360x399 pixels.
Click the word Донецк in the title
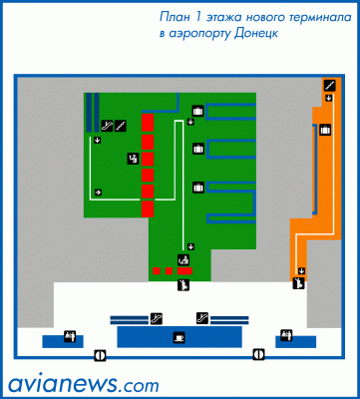(x=256, y=34)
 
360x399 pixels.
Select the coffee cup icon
(x=180, y=337)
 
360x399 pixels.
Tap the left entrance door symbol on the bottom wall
(x=100, y=355)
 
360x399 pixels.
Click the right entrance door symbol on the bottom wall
(x=259, y=354)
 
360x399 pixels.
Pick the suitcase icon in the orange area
(x=325, y=130)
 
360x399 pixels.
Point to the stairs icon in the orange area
(x=329, y=86)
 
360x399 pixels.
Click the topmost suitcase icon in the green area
(x=198, y=111)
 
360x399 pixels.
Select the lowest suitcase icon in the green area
(x=198, y=188)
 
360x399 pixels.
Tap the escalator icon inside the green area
(x=107, y=126)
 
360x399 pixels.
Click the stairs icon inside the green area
(x=121, y=126)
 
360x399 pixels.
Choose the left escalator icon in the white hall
(x=157, y=318)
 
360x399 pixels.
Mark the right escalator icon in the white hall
(x=202, y=318)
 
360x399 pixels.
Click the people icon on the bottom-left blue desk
(x=70, y=336)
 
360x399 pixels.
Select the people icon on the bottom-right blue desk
(x=286, y=335)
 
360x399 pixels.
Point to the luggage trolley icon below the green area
(x=183, y=285)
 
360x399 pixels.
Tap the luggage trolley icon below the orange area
(x=298, y=283)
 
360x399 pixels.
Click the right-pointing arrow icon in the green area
(x=98, y=193)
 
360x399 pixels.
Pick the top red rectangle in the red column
(x=148, y=123)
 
